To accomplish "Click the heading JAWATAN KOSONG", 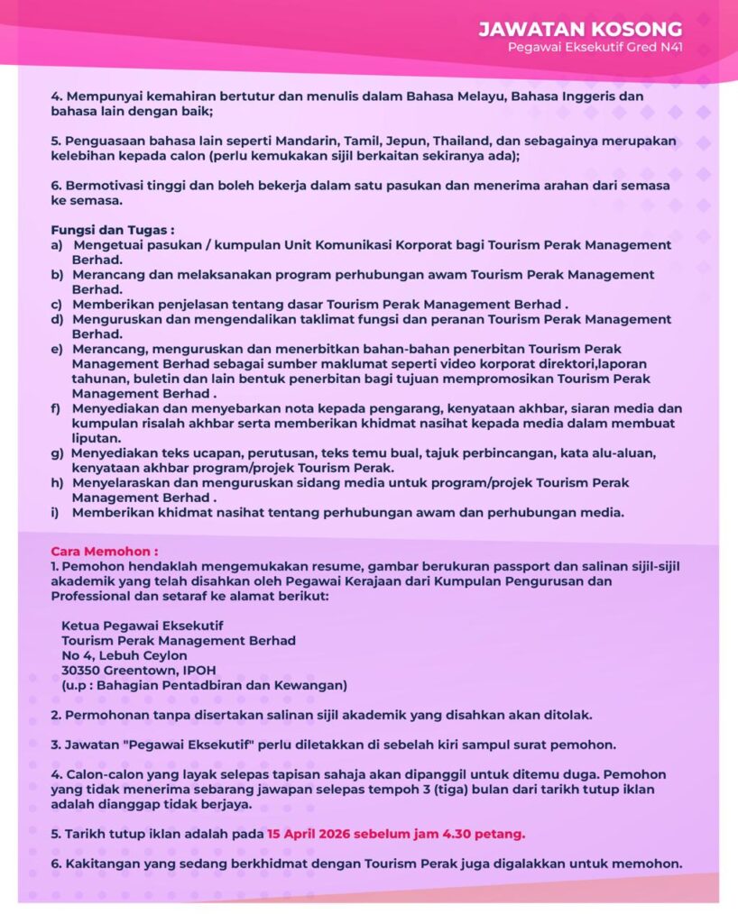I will tap(580, 30).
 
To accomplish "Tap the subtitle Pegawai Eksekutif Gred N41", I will tap(595, 48).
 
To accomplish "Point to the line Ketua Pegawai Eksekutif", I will tap(142, 626).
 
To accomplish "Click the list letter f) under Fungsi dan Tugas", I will tap(56, 408).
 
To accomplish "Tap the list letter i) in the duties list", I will tap(55, 513).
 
